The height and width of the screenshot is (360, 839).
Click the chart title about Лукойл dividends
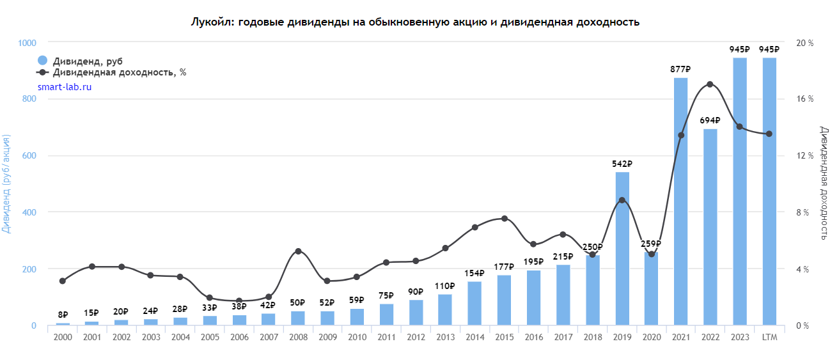coord(415,22)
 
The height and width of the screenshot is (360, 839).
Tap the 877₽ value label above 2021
coord(680,70)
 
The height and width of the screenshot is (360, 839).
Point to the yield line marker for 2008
coord(298,251)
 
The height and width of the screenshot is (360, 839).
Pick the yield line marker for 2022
coord(710,84)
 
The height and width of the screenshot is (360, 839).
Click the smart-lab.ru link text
coord(65,86)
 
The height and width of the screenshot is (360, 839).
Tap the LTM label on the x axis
coord(769,337)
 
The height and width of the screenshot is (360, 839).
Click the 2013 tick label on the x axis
coord(445,337)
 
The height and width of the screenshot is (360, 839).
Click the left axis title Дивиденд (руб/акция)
coord(7,184)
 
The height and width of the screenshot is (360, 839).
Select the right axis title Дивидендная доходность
coord(824,184)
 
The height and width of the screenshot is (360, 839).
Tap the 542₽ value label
coord(622,164)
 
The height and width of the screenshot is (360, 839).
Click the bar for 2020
coord(652,288)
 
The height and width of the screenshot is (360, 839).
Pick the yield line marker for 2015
coord(505,219)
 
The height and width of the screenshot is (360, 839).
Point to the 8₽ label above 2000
coord(63,315)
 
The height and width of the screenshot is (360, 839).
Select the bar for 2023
coord(740,191)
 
